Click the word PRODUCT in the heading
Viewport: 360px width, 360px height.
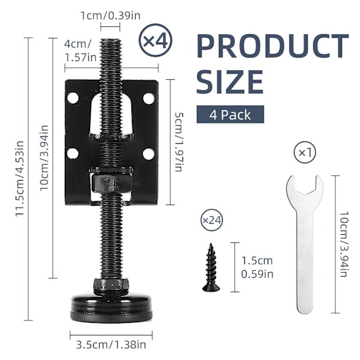click(273, 46)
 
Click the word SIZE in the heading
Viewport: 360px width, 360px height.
click(230, 82)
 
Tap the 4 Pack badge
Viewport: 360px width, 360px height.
click(230, 115)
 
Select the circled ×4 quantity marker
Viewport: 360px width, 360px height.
click(155, 40)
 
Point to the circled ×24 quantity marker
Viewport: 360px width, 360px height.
click(211, 220)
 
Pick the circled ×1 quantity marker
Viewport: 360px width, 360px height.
click(305, 152)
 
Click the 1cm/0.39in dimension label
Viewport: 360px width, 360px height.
click(110, 16)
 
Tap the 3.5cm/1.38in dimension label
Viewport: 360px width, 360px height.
click(111, 344)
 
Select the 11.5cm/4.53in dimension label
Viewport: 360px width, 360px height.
click(20, 178)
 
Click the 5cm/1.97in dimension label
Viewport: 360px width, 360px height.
click(178, 142)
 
